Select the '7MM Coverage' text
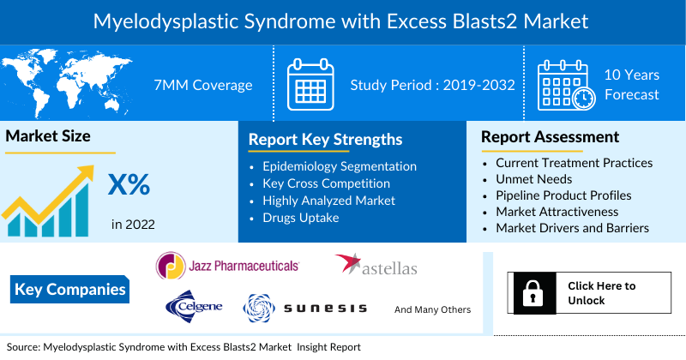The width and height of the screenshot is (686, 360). [x=202, y=85]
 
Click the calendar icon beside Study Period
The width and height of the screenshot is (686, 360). [x=310, y=84]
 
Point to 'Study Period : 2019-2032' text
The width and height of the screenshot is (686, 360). [x=432, y=85]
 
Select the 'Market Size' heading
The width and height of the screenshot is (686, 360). [x=48, y=135]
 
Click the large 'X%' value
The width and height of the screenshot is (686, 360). [x=129, y=184]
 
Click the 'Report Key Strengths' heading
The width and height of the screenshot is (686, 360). [x=325, y=139]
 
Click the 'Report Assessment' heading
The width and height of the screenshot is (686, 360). [x=550, y=136]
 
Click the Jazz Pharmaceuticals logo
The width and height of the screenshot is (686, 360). [x=227, y=267]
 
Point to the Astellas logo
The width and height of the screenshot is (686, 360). [x=376, y=267]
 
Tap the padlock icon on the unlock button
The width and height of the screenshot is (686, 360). [x=531, y=293]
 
